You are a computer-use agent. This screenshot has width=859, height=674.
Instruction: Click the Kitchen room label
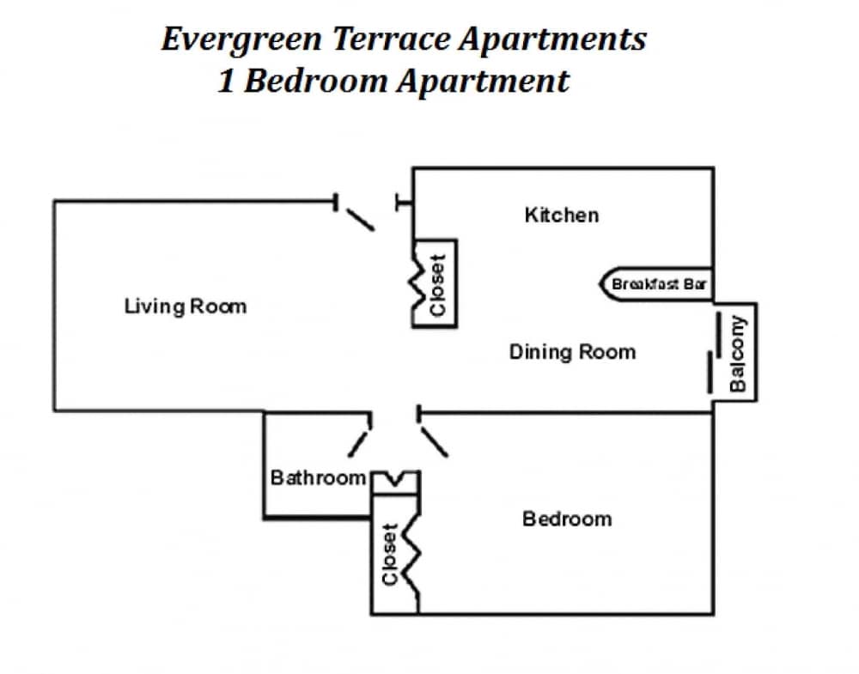point(561,215)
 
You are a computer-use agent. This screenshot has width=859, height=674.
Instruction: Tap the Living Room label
point(185,306)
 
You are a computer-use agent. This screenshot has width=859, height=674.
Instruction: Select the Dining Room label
point(572,351)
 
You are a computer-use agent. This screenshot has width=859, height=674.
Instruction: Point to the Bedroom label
point(567,519)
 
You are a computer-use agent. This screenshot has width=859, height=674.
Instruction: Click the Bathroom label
point(318,477)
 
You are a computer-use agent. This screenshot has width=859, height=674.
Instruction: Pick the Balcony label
point(738,353)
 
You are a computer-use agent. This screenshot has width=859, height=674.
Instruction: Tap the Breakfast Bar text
point(659,284)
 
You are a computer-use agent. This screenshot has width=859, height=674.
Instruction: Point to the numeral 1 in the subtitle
point(226,81)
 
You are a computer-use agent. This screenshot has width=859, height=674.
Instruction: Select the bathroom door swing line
point(359,443)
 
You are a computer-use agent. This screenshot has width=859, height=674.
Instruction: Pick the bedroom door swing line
point(434,442)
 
